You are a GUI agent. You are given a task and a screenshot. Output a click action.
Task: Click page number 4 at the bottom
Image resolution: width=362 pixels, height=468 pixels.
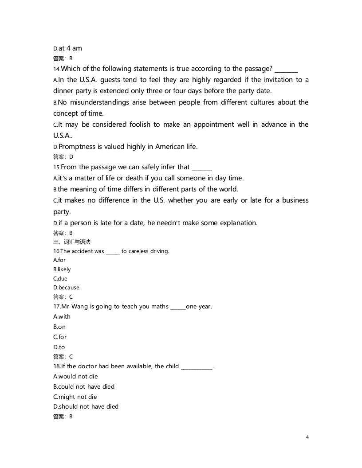pyautogui.click(x=307, y=437)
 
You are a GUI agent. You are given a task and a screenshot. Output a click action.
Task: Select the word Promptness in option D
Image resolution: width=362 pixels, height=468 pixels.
pyautogui.click(x=76, y=146)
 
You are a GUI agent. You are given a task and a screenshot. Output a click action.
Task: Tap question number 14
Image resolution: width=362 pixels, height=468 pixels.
pyautogui.click(x=56, y=69)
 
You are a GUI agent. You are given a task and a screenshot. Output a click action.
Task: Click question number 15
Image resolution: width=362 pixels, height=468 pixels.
pyautogui.click(x=56, y=168)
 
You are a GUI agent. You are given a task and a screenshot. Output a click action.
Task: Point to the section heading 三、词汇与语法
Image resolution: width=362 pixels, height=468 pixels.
pyautogui.click(x=71, y=242)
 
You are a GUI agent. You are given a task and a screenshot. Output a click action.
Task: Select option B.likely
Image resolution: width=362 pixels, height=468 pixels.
pyautogui.click(x=62, y=269)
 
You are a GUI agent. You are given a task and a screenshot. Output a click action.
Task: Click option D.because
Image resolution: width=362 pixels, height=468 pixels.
pyautogui.click(x=66, y=288)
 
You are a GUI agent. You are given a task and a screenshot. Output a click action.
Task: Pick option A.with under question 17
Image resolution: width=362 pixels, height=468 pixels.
pyautogui.click(x=62, y=317)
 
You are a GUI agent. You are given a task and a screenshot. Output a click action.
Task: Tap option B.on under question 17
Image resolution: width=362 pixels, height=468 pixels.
pyautogui.click(x=59, y=327)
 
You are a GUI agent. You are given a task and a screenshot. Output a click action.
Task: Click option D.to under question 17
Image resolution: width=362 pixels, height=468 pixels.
pyautogui.click(x=59, y=347)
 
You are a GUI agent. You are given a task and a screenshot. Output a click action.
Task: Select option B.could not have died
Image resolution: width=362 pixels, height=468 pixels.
pyautogui.click(x=84, y=387)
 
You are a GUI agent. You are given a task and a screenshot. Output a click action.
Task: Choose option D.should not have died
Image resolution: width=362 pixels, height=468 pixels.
pyautogui.click(x=86, y=407)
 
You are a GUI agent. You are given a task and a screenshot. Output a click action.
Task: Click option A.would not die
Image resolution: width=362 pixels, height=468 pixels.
pyautogui.click(x=75, y=377)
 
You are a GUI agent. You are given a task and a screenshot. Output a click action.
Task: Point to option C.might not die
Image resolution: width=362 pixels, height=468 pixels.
pyautogui.click(x=75, y=397)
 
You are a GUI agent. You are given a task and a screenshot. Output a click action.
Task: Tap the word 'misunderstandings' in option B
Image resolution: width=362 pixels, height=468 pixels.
pyautogui.click(x=99, y=102)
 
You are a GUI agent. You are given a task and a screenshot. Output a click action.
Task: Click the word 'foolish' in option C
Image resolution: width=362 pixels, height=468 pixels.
pyautogui.click(x=134, y=125)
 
